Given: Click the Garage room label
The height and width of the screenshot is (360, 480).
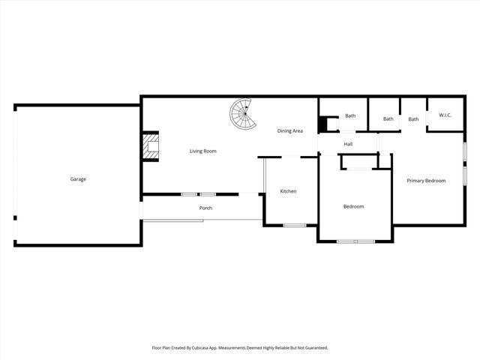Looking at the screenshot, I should [x=78, y=179].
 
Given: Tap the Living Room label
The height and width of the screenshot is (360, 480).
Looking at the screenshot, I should [x=202, y=151].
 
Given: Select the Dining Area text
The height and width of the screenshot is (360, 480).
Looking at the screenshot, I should [x=290, y=131].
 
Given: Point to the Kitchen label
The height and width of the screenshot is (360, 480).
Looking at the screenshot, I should [x=288, y=191].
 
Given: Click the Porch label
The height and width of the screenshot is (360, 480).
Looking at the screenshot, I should [x=205, y=208].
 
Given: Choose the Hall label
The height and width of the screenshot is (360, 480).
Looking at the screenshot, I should [x=348, y=144].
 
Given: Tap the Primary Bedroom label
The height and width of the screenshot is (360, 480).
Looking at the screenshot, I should [x=426, y=181].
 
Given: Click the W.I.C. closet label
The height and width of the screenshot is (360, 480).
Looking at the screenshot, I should [x=445, y=115].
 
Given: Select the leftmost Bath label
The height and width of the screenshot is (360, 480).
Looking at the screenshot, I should [x=350, y=115].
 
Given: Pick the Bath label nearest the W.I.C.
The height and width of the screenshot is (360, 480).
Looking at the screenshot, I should [x=413, y=119].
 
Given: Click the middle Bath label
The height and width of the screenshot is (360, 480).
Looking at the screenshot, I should [x=388, y=119].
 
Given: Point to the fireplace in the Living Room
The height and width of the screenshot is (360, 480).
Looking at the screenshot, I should [x=152, y=147].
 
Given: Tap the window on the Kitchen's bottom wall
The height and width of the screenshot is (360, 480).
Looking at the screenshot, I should [x=294, y=225].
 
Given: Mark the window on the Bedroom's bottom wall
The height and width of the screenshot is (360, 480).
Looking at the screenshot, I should [x=355, y=241].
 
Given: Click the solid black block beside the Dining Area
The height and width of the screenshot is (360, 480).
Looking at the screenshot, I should [x=324, y=124].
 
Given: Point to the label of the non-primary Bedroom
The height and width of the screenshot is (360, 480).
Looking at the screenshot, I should [x=353, y=206].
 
